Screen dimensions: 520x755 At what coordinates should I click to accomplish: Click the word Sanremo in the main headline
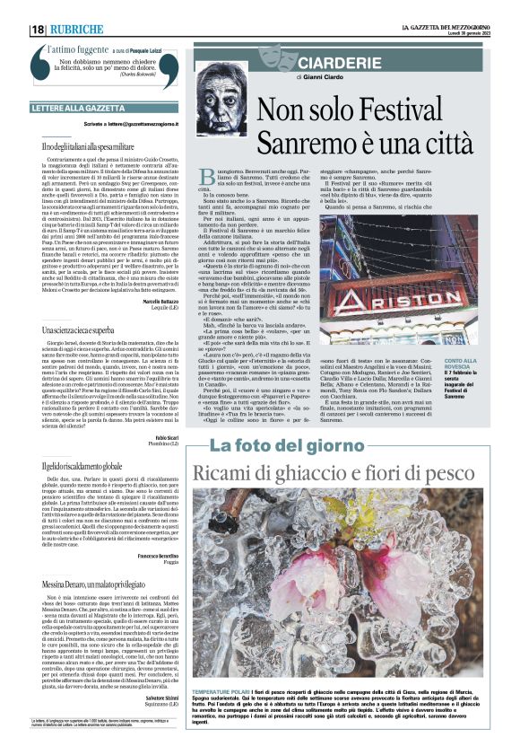[x=309, y=143]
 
